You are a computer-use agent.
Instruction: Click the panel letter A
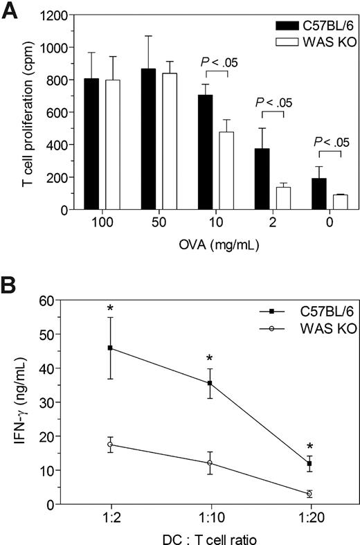click(x=10, y=12)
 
